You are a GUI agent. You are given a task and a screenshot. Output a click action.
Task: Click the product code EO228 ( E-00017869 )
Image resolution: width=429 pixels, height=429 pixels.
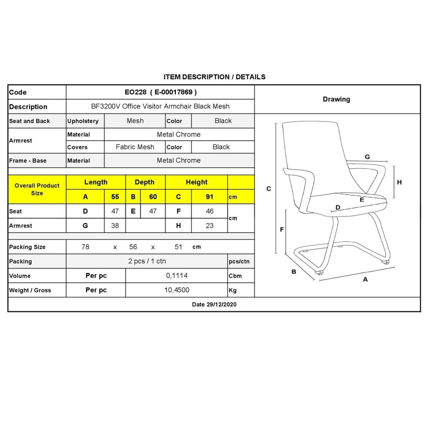pyautogui.click(x=161, y=92)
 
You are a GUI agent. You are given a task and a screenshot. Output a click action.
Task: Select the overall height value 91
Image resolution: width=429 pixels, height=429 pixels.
pyautogui.click(x=209, y=197)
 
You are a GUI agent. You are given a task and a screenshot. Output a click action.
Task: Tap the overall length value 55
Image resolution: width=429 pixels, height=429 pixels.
pyautogui.click(x=115, y=197)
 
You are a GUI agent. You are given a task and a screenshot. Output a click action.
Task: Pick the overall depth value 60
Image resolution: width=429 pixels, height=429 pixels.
pyautogui.click(x=153, y=197)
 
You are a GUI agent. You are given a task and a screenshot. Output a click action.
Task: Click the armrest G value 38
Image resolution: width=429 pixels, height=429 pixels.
pyautogui.click(x=115, y=226)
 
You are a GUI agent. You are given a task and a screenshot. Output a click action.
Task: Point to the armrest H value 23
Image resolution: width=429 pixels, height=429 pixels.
pyautogui.click(x=209, y=226)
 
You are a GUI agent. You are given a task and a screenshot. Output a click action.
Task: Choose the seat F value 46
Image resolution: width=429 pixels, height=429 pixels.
pyautogui.click(x=209, y=211)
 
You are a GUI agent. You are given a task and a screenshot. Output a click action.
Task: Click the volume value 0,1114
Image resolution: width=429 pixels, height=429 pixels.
pyautogui.click(x=177, y=276)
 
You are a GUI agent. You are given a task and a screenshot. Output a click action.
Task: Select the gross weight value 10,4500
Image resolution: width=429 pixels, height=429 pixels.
pyautogui.click(x=177, y=290)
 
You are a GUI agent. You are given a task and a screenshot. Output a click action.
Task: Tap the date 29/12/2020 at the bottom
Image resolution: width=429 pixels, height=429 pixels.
pyautogui.click(x=214, y=305)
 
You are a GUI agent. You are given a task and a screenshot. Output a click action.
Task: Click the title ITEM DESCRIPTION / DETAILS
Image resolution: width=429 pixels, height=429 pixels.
pyautogui.click(x=214, y=77)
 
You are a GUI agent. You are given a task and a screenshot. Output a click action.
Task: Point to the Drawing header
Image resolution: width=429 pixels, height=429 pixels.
pyautogui.click(x=336, y=99)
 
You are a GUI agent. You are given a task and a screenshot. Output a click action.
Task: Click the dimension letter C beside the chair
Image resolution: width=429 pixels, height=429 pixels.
pyautogui.click(x=269, y=189)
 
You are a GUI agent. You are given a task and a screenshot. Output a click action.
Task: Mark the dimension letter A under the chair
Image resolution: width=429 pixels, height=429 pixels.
pyautogui.click(x=365, y=280)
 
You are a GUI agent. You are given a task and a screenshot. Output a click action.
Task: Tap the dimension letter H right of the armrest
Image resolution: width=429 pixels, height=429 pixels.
pyautogui.click(x=399, y=182)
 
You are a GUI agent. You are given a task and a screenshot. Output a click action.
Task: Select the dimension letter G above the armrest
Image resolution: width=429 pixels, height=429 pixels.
pyautogui.click(x=367, y=157)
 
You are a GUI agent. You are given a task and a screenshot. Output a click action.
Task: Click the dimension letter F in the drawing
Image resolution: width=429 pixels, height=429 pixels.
pyautogui.click(x=282, y=230)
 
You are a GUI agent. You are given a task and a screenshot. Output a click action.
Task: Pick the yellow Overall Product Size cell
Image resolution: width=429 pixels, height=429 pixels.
pyautogui.click(x=37, y=189)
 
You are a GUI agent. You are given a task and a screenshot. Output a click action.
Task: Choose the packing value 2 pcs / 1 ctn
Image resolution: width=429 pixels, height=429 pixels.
pyautogui.click(x=147, y=261)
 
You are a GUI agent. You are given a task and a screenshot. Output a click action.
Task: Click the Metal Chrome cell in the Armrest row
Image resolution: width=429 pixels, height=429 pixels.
pyautogui.click(x=179, y=134)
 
